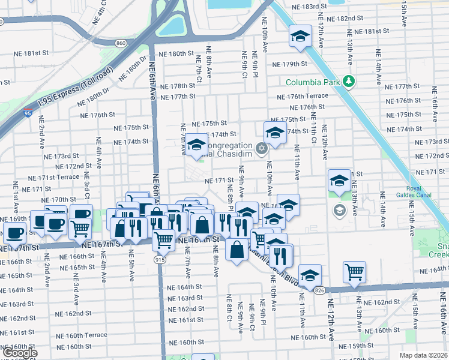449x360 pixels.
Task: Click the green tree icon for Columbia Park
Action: [348, 82]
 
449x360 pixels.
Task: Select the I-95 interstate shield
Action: [28, 112]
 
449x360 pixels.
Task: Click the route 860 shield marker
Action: [121, 43]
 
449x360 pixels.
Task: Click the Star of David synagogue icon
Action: [261, 148]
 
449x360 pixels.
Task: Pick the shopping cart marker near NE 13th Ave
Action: [355, 271]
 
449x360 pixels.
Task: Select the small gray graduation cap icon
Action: [339, 209]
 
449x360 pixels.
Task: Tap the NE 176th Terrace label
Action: [303, 96]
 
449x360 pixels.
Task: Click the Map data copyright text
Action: [423, 355]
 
